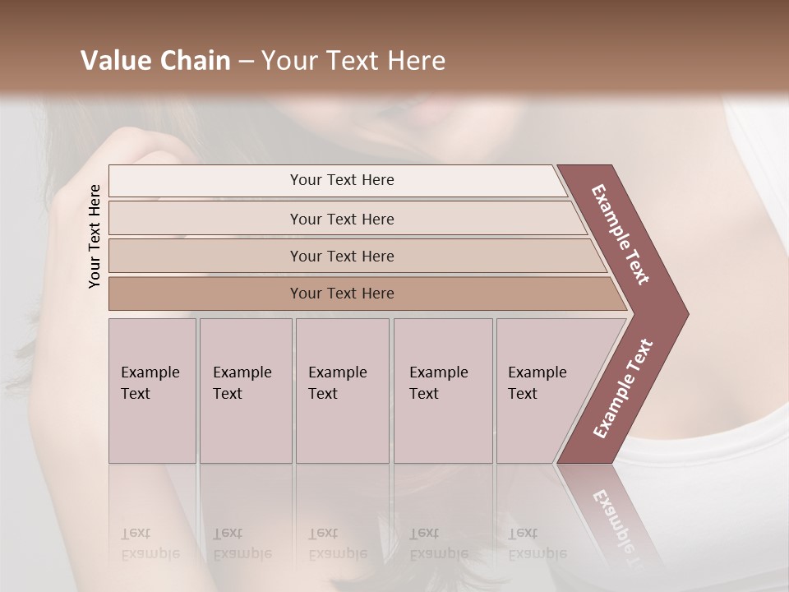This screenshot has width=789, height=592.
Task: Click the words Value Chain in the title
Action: click(x=155, y=61)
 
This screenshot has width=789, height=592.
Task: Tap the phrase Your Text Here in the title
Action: click(x=353, y=61)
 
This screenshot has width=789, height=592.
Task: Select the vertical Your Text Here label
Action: click(x=95, y=236)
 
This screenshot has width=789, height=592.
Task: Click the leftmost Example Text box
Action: click(x=152, y=391)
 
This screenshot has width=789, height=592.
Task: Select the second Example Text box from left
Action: click(x=245, y=391)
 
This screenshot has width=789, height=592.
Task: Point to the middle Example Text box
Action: click(x=342, y=391)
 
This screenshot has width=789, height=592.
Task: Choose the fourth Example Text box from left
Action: click(x=443, y=391)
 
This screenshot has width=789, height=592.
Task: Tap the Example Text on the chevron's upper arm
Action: click(x=621, y=234)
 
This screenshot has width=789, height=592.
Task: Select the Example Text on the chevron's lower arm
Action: click(x=623, y=389)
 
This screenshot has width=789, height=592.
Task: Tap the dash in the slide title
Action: click(x=246, y=62)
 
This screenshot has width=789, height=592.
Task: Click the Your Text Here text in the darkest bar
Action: click(x=342, y=294)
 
